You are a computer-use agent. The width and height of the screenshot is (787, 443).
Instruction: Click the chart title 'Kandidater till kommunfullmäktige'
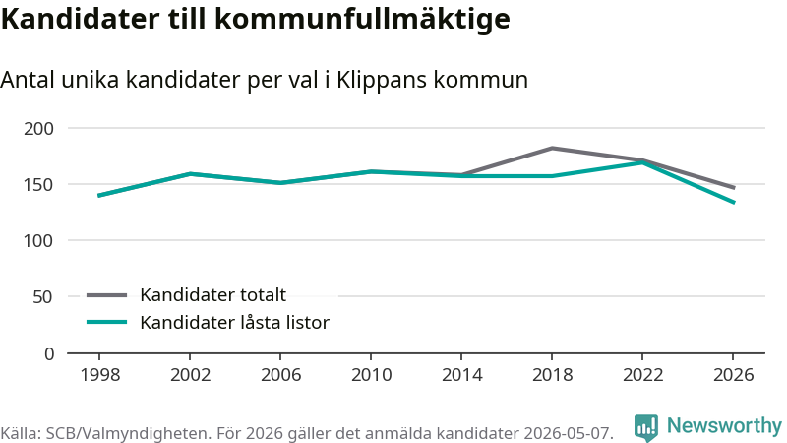[x=256, y=19]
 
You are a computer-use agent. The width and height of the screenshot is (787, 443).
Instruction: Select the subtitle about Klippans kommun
[x=264, y=80]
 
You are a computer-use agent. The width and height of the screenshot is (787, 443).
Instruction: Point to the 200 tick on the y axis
[x=38, y=129]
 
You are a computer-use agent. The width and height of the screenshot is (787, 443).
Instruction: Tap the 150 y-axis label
[x=38, y=185]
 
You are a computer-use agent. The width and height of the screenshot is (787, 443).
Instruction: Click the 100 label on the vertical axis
[x=38, y=241]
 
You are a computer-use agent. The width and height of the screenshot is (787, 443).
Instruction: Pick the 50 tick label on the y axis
[x=42, y=297]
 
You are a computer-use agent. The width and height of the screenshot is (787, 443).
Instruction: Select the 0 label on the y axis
[x=48, y=354]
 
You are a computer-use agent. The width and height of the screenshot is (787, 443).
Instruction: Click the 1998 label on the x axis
[x=100, y=375]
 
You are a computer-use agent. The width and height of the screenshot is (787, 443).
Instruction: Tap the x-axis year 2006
[x=280, y=375]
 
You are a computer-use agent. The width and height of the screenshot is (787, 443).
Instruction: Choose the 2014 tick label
[x=461, y=375]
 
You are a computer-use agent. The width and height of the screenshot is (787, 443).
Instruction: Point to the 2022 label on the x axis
[x=643, y=375]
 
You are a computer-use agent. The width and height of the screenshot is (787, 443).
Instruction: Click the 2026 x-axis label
[x=733, y=375]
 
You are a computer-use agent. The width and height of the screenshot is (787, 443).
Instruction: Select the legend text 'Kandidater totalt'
[x=212, y=294]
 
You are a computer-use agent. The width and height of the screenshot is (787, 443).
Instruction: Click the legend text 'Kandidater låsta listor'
[x=234, y=323]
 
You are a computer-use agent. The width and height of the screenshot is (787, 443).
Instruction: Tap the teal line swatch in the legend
[x=107, y=322]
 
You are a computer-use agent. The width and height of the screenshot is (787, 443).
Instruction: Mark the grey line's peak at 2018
[x=552, y=149]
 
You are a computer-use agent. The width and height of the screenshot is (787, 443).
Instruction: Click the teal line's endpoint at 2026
[x=734, y=203]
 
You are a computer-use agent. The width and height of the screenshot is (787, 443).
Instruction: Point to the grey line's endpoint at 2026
[x=734, y=188]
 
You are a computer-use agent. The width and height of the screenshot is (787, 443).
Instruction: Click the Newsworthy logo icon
[x=645, y=427]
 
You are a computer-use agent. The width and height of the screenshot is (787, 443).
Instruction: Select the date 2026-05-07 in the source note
[x=569, y=433]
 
